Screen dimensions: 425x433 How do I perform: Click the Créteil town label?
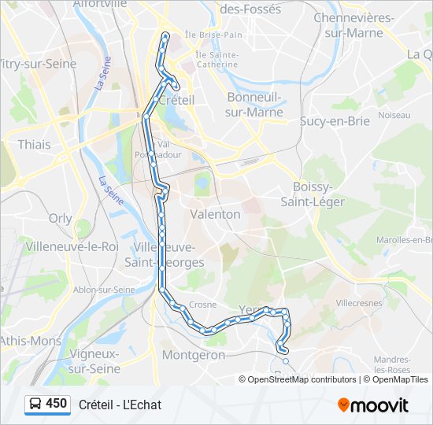(176, 100)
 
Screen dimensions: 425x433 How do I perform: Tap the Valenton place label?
(215, 214)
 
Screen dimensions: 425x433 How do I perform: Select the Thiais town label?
(34, 145)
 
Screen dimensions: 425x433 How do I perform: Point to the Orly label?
(60, 219)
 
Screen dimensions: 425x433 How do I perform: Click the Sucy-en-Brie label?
(335, 121)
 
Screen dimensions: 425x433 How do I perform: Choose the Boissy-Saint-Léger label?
(313, 194)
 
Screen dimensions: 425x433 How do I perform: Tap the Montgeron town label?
(193, 355)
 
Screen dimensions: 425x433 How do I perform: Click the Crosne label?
(202, 304)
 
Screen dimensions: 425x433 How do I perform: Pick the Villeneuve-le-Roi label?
(72, 246)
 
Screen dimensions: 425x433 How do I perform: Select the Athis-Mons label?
(30, 341)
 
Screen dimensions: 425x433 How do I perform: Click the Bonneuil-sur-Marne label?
(254, 105)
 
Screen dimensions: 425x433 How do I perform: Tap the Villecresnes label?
(358, 302)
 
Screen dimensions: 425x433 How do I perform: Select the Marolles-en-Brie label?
(404, 239)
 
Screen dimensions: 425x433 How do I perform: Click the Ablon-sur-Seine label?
(103, 290)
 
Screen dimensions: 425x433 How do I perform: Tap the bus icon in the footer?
(35, 404)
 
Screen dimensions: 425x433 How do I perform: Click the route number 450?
(57, 404)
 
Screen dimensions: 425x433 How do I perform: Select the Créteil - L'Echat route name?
(120, 405)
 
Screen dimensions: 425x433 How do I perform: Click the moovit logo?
(373, 405)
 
